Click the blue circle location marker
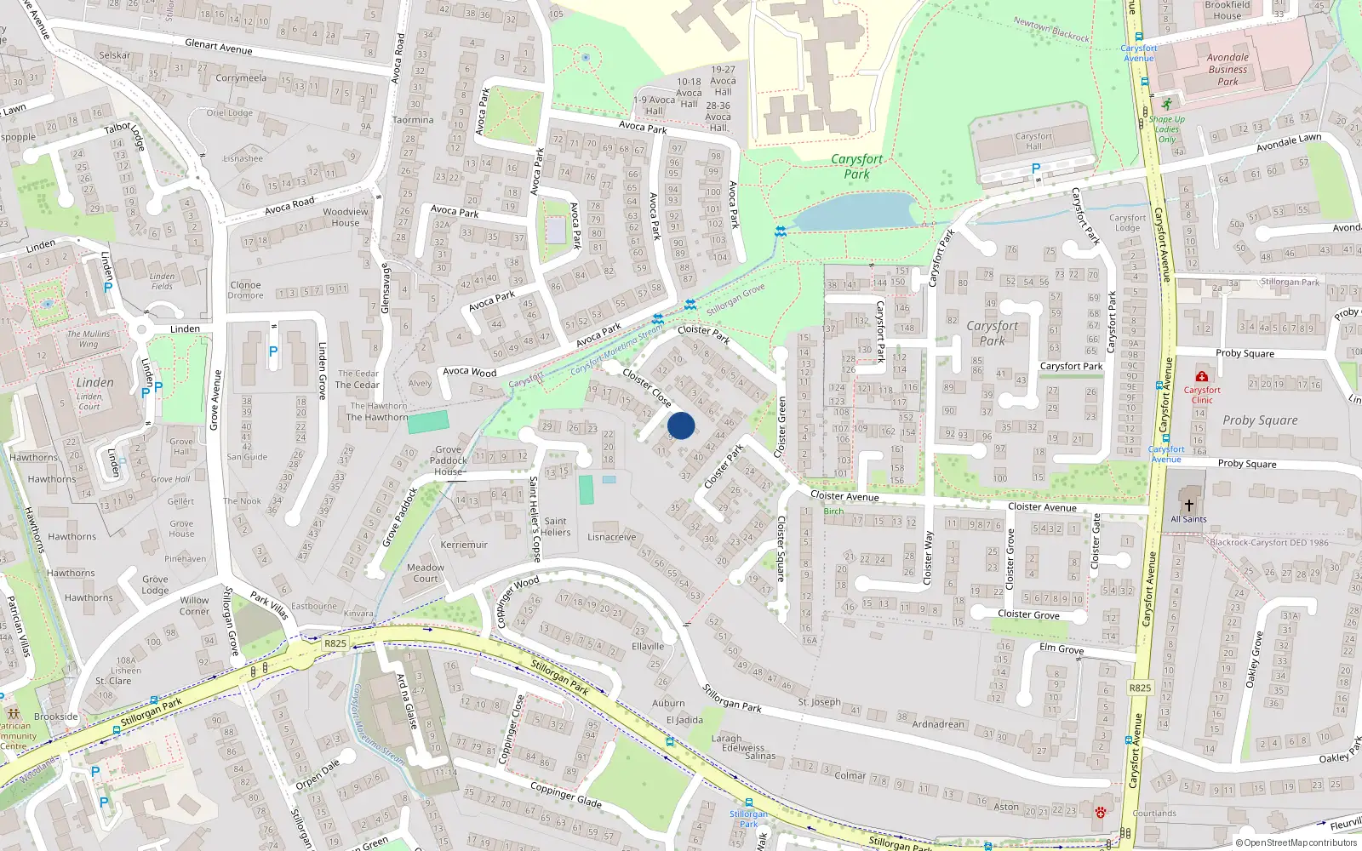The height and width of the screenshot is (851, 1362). pos(680,425)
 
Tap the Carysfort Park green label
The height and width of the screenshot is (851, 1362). pos(856,166)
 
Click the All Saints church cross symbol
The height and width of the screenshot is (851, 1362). pos(1189,505)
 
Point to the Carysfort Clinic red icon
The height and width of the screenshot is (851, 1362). pos(1201,376)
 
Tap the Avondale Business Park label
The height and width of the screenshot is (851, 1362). pos(1228,70)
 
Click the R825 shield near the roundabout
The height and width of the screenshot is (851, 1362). pos(335,643)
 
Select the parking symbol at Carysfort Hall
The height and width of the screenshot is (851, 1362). pos(1036,168)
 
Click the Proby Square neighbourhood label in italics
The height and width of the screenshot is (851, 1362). pos(1260,420)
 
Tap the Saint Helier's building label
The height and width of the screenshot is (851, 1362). pos(555,527)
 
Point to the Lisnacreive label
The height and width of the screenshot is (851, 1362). pos(611,537)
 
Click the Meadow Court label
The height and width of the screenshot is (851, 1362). pos(426,573)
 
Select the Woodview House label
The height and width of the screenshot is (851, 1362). pos(346,217)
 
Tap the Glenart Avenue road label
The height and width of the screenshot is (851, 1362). pos(219,47)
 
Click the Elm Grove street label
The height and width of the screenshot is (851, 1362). pos(1062,648)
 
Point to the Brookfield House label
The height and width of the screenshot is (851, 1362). pos(1228,10)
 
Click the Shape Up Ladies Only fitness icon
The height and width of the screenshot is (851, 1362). pos(1167,105)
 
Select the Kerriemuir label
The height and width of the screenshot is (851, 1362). pos(464,545)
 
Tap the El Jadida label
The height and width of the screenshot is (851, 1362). pos(684,720)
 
